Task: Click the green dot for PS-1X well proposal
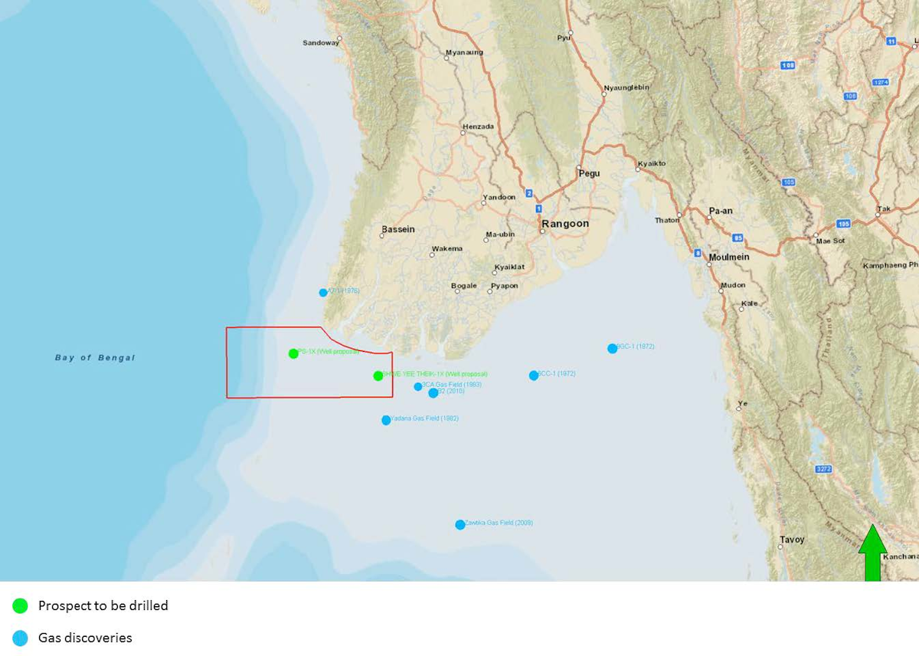(x=293, y=353)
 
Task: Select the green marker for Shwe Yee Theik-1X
(x=378, y=376)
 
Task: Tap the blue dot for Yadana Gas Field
(x=386, y=420)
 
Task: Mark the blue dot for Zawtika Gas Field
(x=459, y=525)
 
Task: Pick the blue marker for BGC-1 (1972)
(x=612, y=348)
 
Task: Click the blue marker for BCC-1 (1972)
(x=533, y=376)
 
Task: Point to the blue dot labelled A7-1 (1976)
(x=323, y=292)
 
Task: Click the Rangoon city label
(x=565, y=224)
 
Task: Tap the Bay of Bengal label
(x=95, y=358)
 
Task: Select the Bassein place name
(x=397, y=229)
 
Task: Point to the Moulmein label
(x=728, y=257)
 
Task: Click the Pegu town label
(x=589, y=173)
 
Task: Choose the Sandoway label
(x=320, y=43)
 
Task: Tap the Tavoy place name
(x=792, y=540)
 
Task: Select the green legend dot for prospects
(x=21, y=605)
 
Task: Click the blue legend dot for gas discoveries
(x=21, y=638)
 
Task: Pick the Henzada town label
(x=478, y=126)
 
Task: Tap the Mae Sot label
(x=829, y=241)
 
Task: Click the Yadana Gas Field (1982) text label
(x=425, y=418)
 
